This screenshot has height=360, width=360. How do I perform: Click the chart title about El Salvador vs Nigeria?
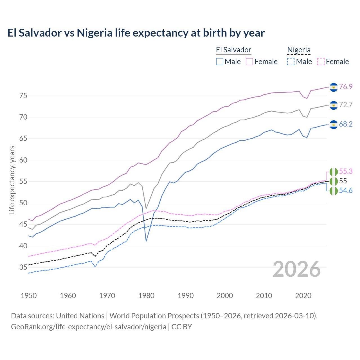click(x=136, y=33)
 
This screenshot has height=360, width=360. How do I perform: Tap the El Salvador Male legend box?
click(x=220, y=62)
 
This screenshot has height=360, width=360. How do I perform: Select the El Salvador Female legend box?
click(x=249, y=62)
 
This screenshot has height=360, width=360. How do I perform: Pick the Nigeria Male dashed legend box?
click(x=291, y=62)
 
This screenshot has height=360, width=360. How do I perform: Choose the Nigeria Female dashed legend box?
click(x=321, y=62)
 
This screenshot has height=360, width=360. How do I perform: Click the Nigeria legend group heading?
click(x=299, y=50)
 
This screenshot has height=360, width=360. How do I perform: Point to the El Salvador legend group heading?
click(x=233, y=50)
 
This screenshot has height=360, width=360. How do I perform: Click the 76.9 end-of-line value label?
click(x=346, y=87)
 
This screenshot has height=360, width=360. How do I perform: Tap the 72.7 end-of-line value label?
click(x=346, y=105)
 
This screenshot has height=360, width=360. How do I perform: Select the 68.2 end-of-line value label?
click(x=346, y=124)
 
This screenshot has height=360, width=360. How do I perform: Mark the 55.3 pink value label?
click(x=346, y=171)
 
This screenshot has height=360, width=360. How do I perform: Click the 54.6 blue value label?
click(x=346, y=191)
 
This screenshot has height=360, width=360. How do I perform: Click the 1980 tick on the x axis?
click(x=146, y=296)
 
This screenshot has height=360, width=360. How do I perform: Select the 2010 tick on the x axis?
click(x=264, y=296)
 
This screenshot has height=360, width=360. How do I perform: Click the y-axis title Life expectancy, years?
click(x=12, y=180)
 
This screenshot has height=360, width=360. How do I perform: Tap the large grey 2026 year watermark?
click(x=296, y=269)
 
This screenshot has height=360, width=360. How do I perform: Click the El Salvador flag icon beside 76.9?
click(x=334, y=87)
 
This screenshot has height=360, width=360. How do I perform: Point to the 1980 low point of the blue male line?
click(x=146, y=241)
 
